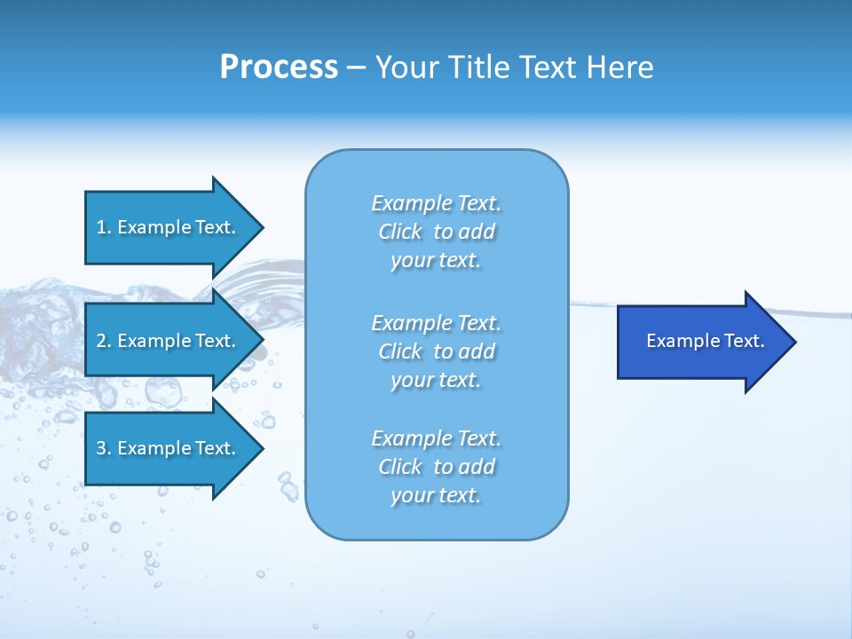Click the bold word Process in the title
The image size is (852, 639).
coord(279,67)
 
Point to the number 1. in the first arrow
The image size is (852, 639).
coord(104,227)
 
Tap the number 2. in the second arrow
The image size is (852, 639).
coord(104,341)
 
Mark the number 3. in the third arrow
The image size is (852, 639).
coord(104,448)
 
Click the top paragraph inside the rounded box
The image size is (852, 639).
coord(437,232)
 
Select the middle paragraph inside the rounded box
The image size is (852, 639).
coord(437,351)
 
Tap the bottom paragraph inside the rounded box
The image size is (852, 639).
coord(437,467)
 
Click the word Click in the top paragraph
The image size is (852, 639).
coord(400,232)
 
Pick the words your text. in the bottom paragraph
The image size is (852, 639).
coord(436,495)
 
